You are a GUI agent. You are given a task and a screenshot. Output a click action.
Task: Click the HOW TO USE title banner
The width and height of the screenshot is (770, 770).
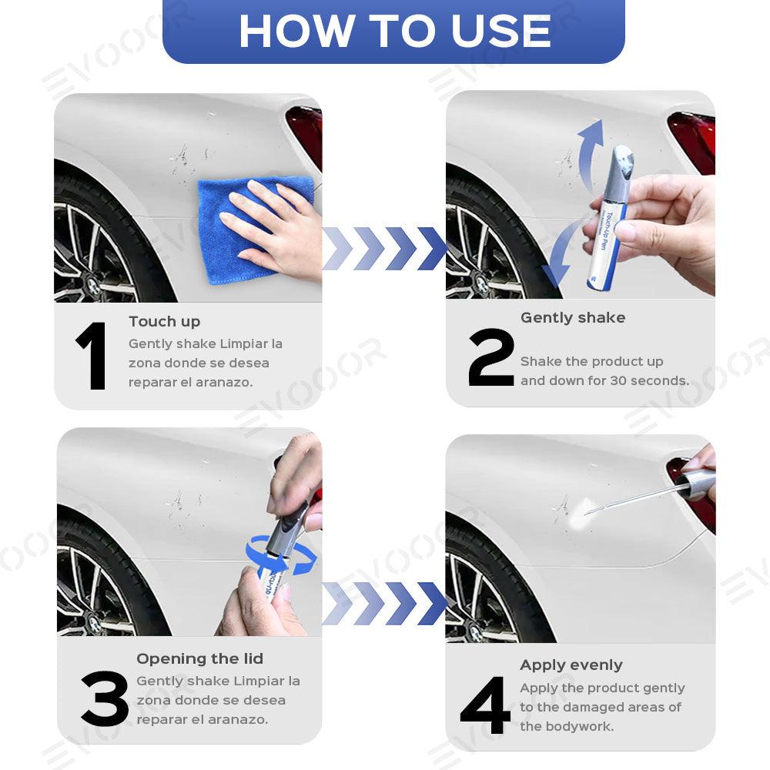(393, 31)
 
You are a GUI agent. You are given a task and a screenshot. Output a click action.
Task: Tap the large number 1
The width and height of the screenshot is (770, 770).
(93, 357)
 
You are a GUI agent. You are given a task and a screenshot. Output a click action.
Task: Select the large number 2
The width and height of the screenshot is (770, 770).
(490, 357)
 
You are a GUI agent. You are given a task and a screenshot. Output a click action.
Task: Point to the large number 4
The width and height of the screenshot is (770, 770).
(485, 705)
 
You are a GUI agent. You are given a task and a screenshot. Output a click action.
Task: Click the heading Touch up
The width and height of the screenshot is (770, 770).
(164, 322)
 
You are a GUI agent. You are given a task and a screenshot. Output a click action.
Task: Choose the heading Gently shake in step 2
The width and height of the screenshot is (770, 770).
(572, 318)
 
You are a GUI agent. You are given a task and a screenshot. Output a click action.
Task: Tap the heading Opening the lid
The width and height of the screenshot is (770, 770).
(199, 659)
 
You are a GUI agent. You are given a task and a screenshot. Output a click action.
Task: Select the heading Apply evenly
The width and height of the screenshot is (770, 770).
(571, 665)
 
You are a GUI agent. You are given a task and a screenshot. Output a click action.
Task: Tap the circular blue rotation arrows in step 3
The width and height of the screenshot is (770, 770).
(280, 557)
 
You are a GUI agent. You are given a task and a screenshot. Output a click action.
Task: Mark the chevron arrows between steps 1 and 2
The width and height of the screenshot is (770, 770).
(384, 249)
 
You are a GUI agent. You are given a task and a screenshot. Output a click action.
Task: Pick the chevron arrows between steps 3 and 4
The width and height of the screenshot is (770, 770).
(384, 603)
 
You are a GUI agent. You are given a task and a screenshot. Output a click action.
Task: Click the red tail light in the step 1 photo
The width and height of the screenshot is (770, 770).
(305, 135)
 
